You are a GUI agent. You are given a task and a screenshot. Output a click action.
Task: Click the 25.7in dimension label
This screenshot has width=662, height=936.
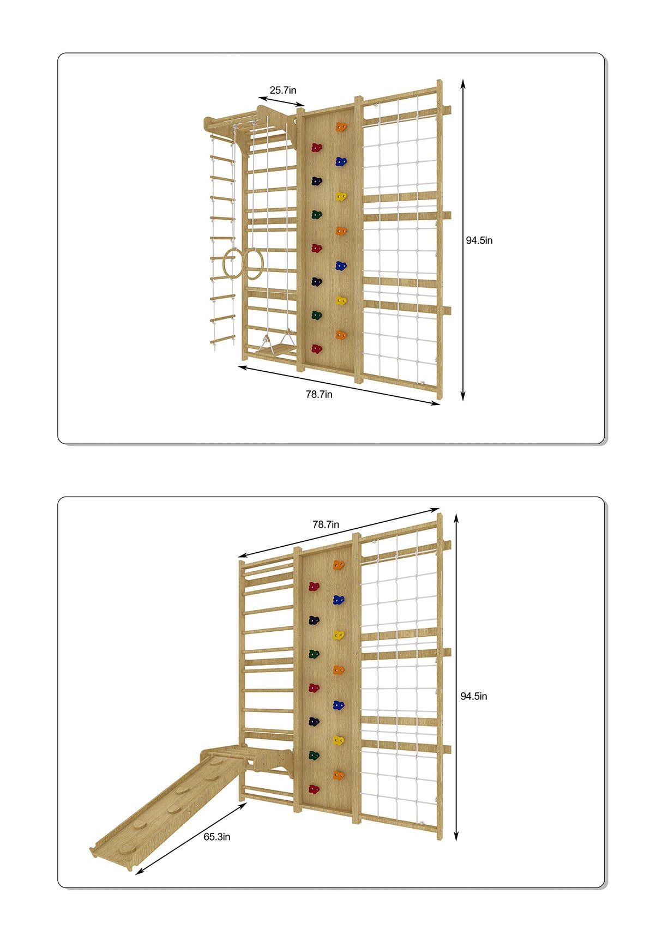(x=282, y=90)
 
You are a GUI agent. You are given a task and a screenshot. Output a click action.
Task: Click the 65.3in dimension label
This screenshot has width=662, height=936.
(x=216, y=836)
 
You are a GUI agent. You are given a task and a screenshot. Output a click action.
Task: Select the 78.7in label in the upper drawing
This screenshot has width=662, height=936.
(x=318, y=394)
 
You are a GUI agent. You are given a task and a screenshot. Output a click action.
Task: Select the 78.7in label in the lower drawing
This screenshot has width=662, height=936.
(x=326, y=524)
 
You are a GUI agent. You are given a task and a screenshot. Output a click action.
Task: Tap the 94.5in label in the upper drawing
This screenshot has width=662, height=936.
(x=479, y=240)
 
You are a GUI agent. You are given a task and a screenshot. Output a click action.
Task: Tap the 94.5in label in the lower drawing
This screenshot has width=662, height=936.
(x=473, y=696)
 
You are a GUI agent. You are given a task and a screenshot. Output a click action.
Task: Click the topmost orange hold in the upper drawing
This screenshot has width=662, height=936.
(x=341, y=127)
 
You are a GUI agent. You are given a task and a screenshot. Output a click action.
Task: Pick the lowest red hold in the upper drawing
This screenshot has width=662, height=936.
(x=316, y=349)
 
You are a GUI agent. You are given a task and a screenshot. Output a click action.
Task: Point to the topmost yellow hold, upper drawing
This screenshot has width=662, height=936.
(x=341, y=196)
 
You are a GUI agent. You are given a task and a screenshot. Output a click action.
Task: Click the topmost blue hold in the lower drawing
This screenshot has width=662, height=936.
(x=339, y=600)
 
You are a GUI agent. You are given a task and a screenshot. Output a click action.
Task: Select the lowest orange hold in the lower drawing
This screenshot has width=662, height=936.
(x=339, y=775)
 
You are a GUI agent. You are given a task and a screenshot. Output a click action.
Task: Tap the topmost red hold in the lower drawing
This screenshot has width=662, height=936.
(x=314, y=587)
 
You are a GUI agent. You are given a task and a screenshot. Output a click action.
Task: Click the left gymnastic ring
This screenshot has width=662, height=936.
(x=232, y=263)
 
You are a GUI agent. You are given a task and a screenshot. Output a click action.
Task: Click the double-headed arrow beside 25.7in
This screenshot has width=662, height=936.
(x=281, y=102)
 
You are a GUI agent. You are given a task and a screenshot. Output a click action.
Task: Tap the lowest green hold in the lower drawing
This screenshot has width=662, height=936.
(x=314, y=756)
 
